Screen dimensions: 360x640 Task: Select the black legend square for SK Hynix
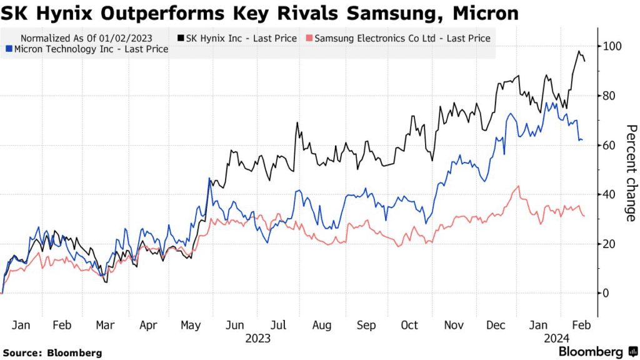(181, 39)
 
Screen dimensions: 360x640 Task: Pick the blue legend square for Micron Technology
(8, 49)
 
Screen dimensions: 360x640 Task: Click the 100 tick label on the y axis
(612, 46)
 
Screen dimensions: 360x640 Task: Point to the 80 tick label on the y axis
(609, 96)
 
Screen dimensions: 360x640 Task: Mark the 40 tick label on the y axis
(609, 194)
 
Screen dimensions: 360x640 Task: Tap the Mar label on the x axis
(104, 326)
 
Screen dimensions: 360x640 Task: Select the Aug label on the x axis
(321, 326)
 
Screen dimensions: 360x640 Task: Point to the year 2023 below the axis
(257, 338)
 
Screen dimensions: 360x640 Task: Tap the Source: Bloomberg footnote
(51, 353)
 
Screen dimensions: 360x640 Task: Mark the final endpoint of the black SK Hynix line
(584, 61)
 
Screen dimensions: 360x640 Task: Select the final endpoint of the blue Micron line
(582, 140)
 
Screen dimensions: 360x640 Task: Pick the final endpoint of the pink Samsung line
(584, 216)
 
